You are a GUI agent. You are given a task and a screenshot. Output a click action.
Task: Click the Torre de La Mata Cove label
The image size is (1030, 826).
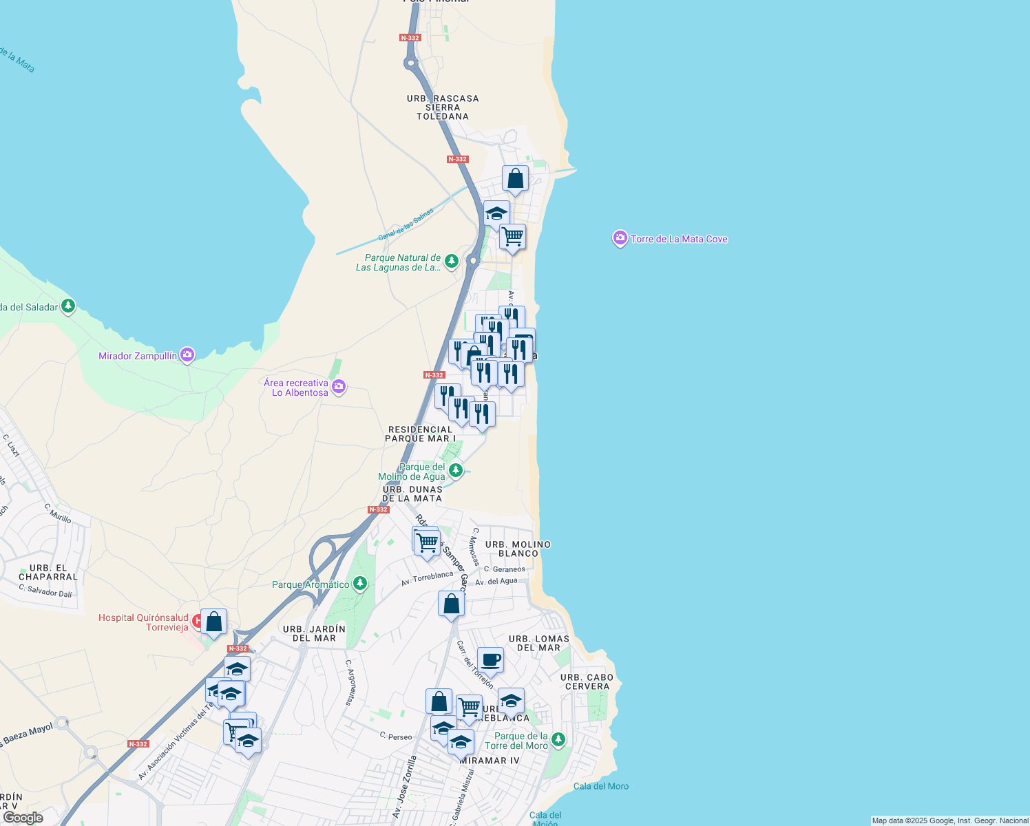(x=679, y=239)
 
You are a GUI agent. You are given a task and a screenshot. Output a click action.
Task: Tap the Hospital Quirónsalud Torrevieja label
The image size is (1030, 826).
(x=143, y=622)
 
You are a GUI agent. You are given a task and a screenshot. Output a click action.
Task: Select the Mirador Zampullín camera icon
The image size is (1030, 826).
(x=187, y=355)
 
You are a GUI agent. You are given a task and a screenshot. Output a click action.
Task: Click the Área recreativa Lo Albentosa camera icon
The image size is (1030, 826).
(x=338, y=387)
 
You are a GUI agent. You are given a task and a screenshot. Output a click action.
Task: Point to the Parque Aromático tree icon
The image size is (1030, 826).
(x=359, y=584)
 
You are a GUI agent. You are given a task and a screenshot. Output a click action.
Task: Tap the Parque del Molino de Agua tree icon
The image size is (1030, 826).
(x=455, y=471)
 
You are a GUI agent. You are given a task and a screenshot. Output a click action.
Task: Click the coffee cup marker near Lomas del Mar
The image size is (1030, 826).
(x=490, y=660)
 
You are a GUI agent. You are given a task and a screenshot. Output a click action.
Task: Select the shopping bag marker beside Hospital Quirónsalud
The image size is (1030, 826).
(x=213, y=622)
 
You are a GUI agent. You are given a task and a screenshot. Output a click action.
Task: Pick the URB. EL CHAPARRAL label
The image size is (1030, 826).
(x=48, y=573)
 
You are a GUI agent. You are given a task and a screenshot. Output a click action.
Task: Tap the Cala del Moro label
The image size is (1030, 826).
(x=601, y=786)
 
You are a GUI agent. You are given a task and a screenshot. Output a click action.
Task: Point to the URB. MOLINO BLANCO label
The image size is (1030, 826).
(x=518, y=549)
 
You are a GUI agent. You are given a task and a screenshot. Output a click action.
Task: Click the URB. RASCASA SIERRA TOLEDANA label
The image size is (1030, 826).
(x=443, y=107)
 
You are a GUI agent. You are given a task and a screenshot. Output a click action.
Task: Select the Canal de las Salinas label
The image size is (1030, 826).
(x=406, y=224)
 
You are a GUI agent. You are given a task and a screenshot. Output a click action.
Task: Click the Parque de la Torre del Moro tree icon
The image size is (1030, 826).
(x=558, y=740)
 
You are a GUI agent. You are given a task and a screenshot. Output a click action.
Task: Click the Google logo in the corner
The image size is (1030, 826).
(x=23, y=818)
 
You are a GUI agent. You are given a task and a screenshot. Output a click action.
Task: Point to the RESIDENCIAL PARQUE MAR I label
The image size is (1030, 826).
(x=420, y=434)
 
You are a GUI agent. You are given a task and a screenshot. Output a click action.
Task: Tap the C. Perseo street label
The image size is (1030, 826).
(x=396, y=737)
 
